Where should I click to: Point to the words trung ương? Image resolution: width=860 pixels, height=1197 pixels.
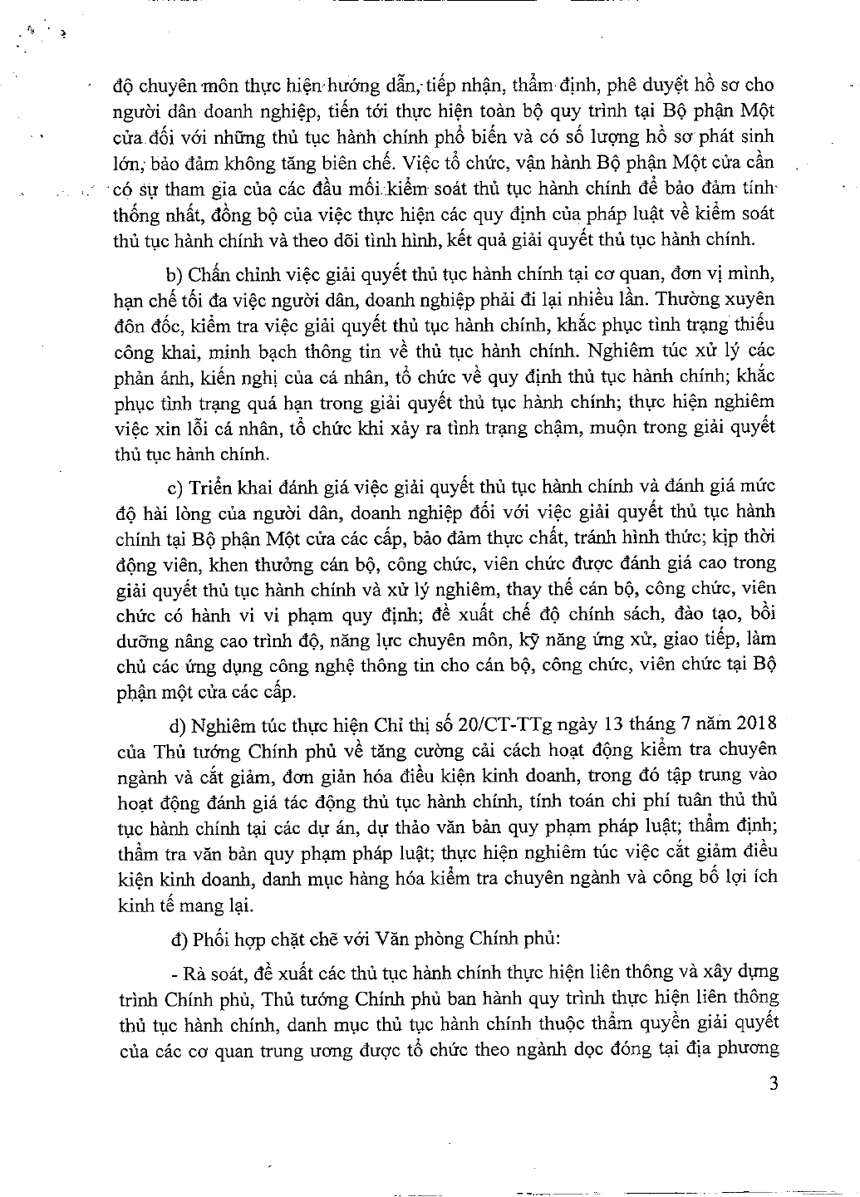point(318,1047)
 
